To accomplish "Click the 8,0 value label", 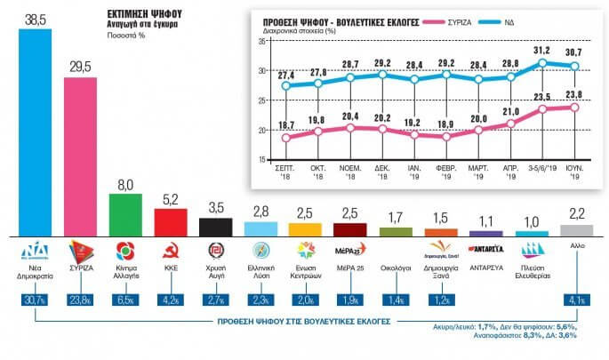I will coord(124,183).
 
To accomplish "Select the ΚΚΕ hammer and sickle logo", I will coord(170,249).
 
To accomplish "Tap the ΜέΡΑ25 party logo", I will coord(349,248).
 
